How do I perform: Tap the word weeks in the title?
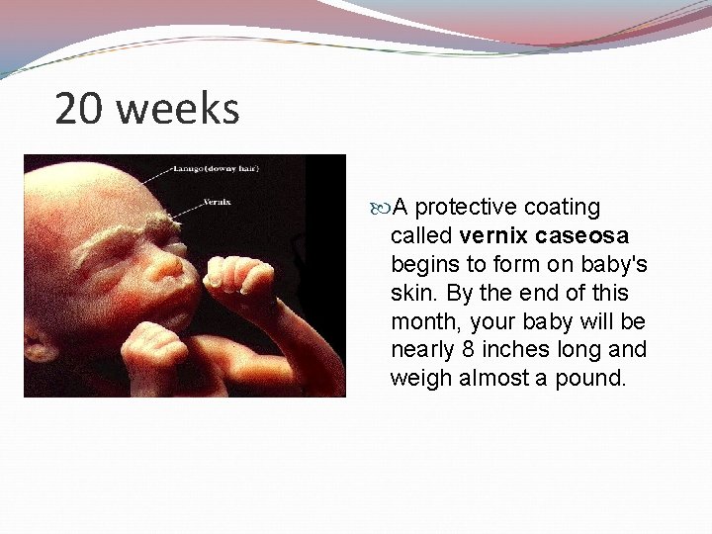click(x=178, y=109)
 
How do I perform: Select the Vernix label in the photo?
click(x=218, y=201)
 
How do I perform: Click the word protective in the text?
click(x=466, y=208)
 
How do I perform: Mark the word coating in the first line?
click(x=562, y=208)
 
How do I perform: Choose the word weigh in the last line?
click(x=420, y=379)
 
